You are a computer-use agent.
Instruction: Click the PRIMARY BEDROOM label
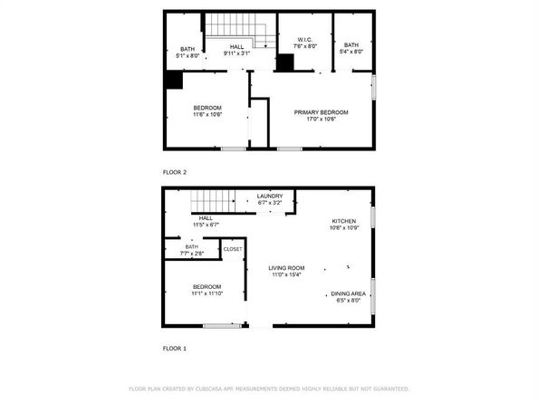(321, 111)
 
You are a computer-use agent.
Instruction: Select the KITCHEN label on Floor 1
(343, 221)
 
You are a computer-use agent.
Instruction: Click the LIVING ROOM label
(285, 268)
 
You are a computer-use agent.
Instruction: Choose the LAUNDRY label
(270, 196)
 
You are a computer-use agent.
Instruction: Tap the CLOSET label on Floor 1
(232, 248)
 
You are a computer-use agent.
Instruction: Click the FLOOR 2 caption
(174, 172)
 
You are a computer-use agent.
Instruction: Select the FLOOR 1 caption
(174, 348)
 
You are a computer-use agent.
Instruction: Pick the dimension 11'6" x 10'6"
(207, 115)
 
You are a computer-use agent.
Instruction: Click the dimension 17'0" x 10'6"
(321, 119)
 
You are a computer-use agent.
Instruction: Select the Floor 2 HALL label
(236, 47)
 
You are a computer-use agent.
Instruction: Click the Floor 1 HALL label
(206, 217)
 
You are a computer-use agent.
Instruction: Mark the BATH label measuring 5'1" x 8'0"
(187, 48)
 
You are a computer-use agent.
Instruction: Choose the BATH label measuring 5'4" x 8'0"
(351, 44)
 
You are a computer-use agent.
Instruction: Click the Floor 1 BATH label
(191, 245)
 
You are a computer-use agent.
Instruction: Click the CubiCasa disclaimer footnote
(268, 388)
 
